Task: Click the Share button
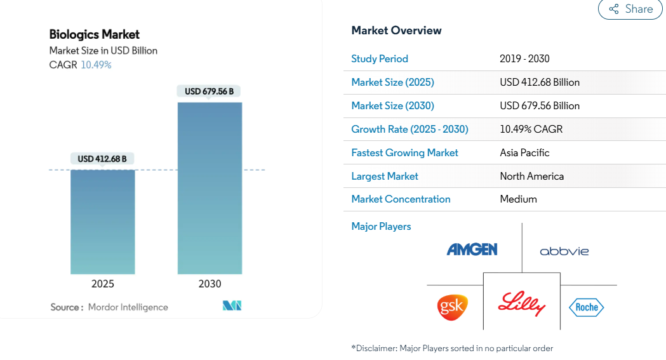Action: (630, 9)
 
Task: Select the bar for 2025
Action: (103, 222)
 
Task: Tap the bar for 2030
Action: (210, 188)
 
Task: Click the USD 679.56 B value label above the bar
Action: (209, 91)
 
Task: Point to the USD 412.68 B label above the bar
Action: (102, 159)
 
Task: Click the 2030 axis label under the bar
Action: (210, 284)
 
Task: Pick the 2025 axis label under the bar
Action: (103, 284)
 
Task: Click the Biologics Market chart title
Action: (95, 34)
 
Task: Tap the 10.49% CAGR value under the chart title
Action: (96, 65)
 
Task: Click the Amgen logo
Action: (472, 250)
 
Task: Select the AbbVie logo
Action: (564, 251)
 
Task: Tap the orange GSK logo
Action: (452, 307)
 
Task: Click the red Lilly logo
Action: (522, 303)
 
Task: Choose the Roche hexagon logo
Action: (587, 307)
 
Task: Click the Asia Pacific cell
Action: (524, 153)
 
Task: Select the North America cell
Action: (532, 176)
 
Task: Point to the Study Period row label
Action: (380, 59)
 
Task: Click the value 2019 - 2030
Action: (524, 58)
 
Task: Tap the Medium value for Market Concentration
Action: (518, 199)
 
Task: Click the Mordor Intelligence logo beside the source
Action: (232, 305)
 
